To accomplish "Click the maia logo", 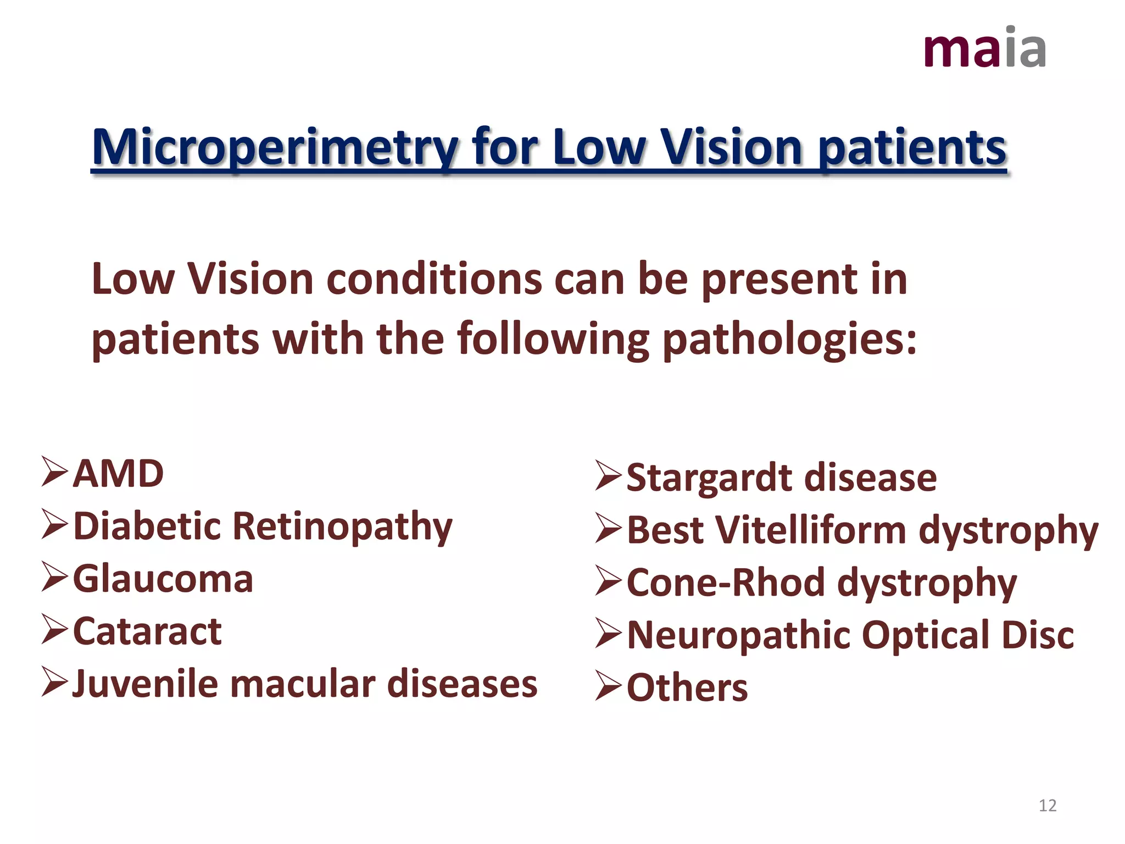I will [985, 48].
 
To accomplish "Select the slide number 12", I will [1048, 806].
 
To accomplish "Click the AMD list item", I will [118, 474].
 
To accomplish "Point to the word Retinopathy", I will [342, 526].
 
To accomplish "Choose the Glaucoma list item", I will [163, 579].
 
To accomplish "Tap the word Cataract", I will [147, 631].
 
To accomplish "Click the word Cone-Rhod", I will [725, 582].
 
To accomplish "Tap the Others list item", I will [687, 687].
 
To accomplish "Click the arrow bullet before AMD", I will [54, 472].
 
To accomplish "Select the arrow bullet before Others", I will [608, 687].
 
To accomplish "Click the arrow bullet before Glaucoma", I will [54, 578].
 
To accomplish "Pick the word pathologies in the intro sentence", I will [789, 339].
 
